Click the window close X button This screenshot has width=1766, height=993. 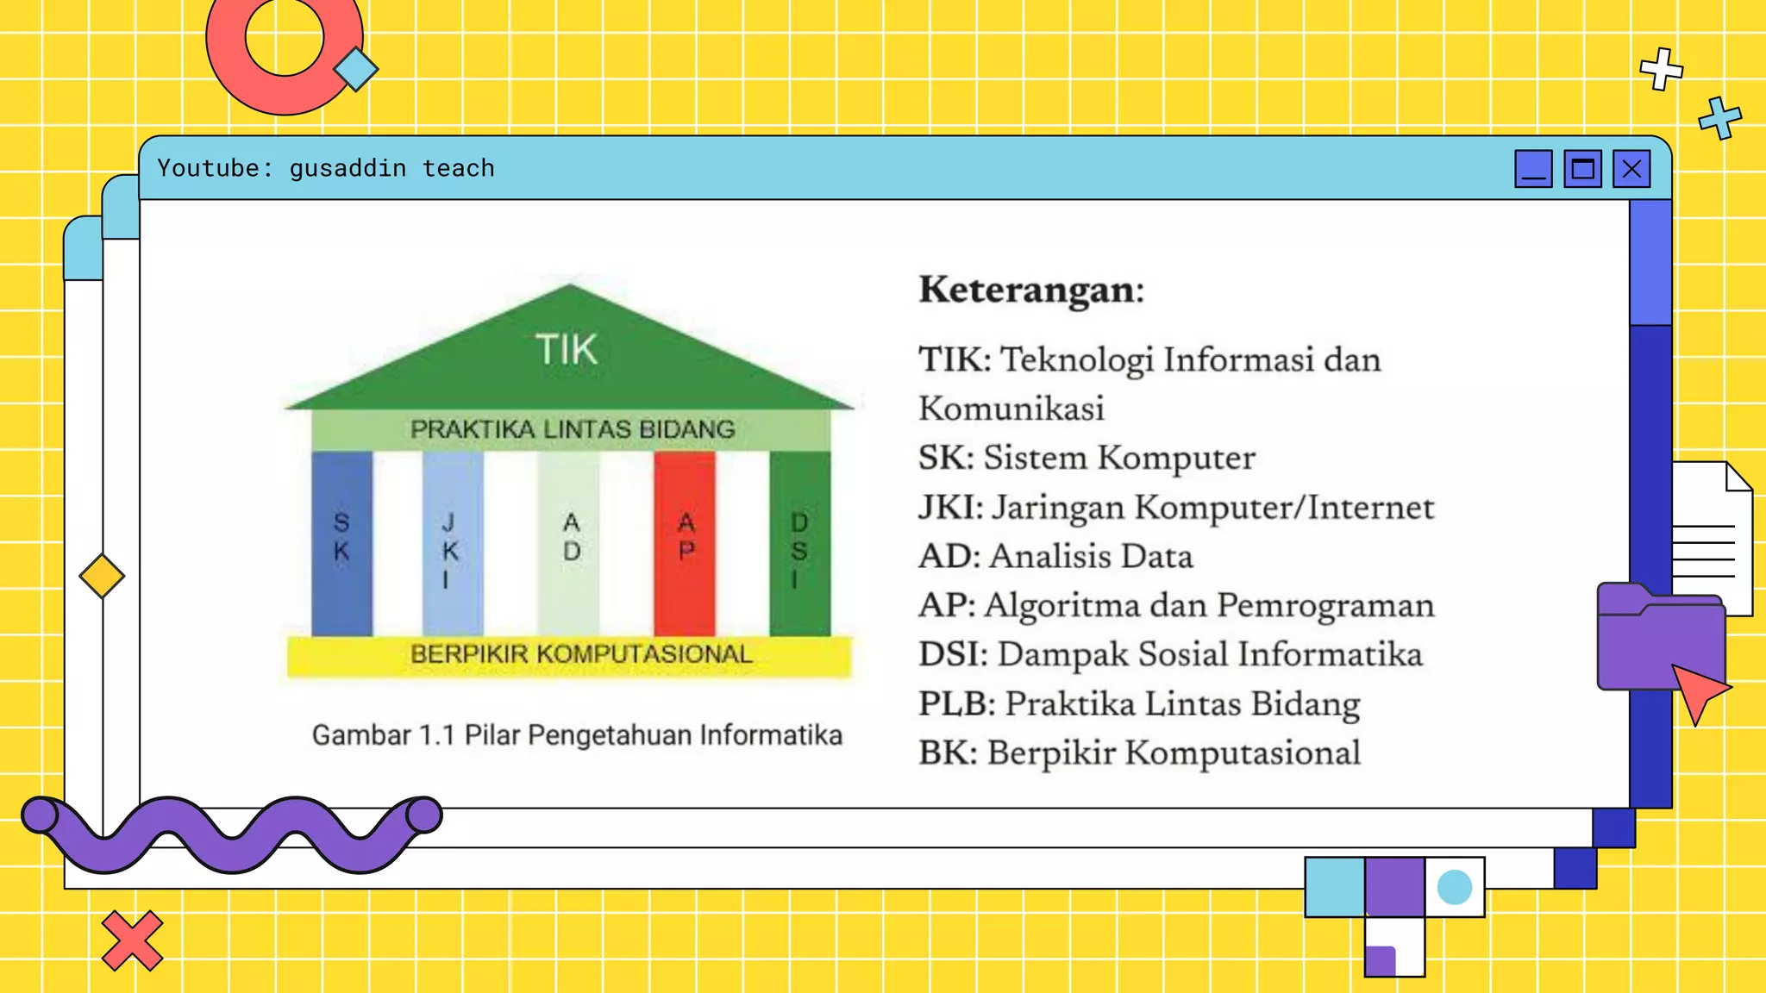coord(1631,169)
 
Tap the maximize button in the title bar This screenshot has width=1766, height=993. coord(1582,169)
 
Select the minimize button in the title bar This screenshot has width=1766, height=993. coord(1533,169)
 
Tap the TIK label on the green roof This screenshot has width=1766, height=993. coord(567,350)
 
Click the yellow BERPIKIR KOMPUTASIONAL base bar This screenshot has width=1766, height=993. coord(569,655)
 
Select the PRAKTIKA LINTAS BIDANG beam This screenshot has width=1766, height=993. coord(572,429)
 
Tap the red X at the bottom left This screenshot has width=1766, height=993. coord(132,940)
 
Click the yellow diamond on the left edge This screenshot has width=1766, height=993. coord(102,576)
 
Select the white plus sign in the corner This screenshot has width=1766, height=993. coord(1661,69)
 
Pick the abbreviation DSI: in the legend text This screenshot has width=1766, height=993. coord(953,654)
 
